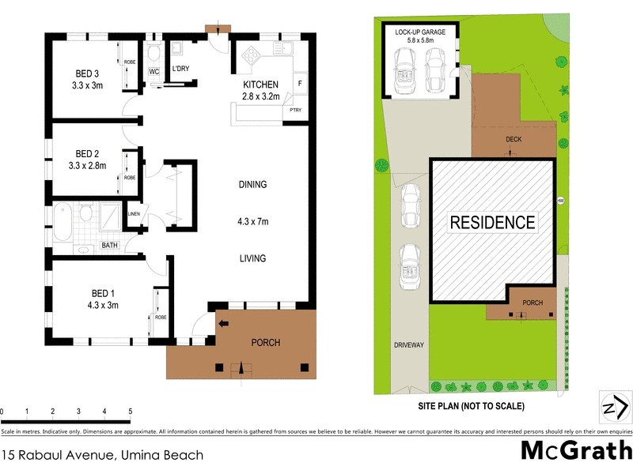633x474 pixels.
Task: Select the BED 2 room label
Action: (87, 152)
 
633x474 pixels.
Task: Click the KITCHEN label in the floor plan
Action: (260, 85)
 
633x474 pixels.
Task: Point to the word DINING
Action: (253, 185)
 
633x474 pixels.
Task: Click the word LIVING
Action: (253, 258)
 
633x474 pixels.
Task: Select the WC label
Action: (154, 72)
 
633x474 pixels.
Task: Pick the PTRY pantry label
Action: (296, 110)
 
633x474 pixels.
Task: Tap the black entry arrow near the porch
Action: (223, 322)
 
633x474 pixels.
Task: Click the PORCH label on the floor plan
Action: (265, 342)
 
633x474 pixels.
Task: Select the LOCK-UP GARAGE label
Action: (420, 32)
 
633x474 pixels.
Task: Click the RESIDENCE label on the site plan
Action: (492, 222)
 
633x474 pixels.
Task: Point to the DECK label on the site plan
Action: (513, 139)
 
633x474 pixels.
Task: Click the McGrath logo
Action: (576, 450)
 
